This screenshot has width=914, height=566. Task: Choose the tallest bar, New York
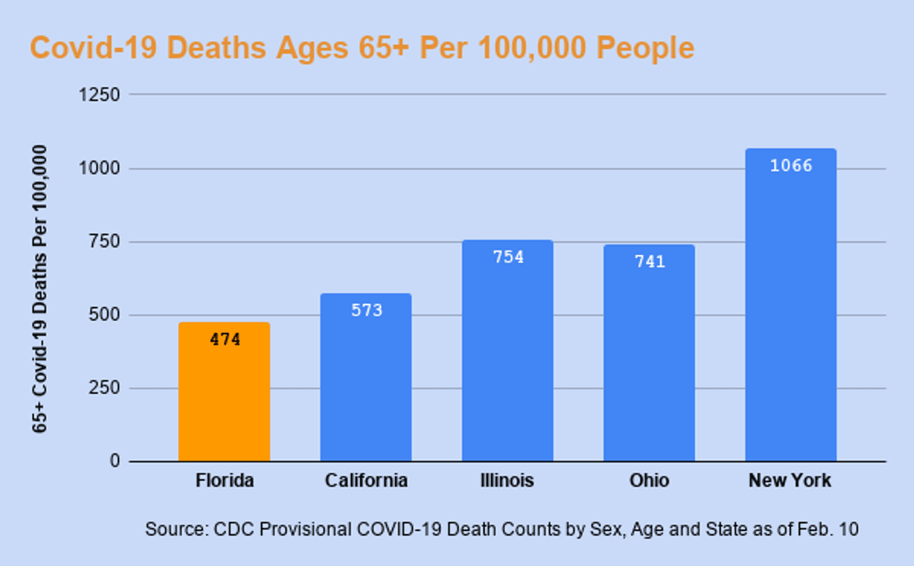[790, 310]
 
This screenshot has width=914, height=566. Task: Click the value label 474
[225, 340]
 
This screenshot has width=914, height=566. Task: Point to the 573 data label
[366, 311]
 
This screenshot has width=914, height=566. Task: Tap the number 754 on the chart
[508, 257]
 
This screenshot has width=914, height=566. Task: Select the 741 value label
[649, 262]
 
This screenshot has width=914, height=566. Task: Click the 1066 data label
[791, 166]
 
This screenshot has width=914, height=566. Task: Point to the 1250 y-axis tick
[101, 95]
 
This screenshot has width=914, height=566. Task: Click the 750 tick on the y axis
[105, 241]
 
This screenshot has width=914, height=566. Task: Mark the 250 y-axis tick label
[105, 388]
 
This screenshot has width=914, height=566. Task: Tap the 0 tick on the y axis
[115, 461]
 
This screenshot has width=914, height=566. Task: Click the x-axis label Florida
[225, 481]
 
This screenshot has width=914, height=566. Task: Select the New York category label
[790, 481]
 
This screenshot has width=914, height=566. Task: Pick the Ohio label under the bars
[649, 481]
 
